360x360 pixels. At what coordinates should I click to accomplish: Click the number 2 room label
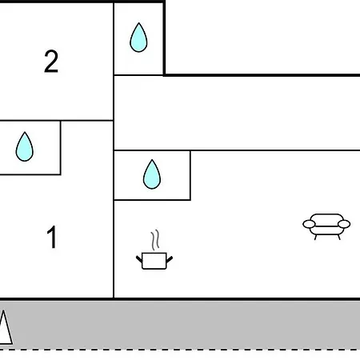pos(51,62)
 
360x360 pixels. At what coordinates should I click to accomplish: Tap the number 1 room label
pos(52,237)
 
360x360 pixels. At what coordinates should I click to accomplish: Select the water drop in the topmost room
pos(138,38)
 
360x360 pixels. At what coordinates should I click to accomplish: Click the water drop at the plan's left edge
pos(25,146)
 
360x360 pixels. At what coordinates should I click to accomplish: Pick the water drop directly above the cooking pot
pos(152,174)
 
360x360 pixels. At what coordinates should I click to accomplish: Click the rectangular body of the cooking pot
pos(154,261)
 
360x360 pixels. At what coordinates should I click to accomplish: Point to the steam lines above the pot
pos(155,240)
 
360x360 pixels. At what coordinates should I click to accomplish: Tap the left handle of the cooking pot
pos(139,259)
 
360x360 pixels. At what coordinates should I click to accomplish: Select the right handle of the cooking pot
pos(170,259)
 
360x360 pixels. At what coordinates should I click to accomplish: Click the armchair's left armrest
pos(309,224)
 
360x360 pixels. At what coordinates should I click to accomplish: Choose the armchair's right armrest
pos(344,224)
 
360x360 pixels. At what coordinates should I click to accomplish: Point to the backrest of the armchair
pos(326,218)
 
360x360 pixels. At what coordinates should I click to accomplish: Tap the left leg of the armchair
pos(315,237)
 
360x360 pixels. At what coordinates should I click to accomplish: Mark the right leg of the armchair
pos(339,237)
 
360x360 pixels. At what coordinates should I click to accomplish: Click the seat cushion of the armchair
pos(326,230)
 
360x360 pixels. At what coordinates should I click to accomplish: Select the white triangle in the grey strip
pos(5,328)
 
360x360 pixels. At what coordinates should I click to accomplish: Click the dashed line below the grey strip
pos(180,349)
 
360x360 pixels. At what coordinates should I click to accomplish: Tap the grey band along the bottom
pos(180,324)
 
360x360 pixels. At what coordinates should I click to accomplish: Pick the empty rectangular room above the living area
pos(237,113)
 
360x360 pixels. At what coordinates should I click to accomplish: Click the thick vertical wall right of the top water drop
pos(164,38)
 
